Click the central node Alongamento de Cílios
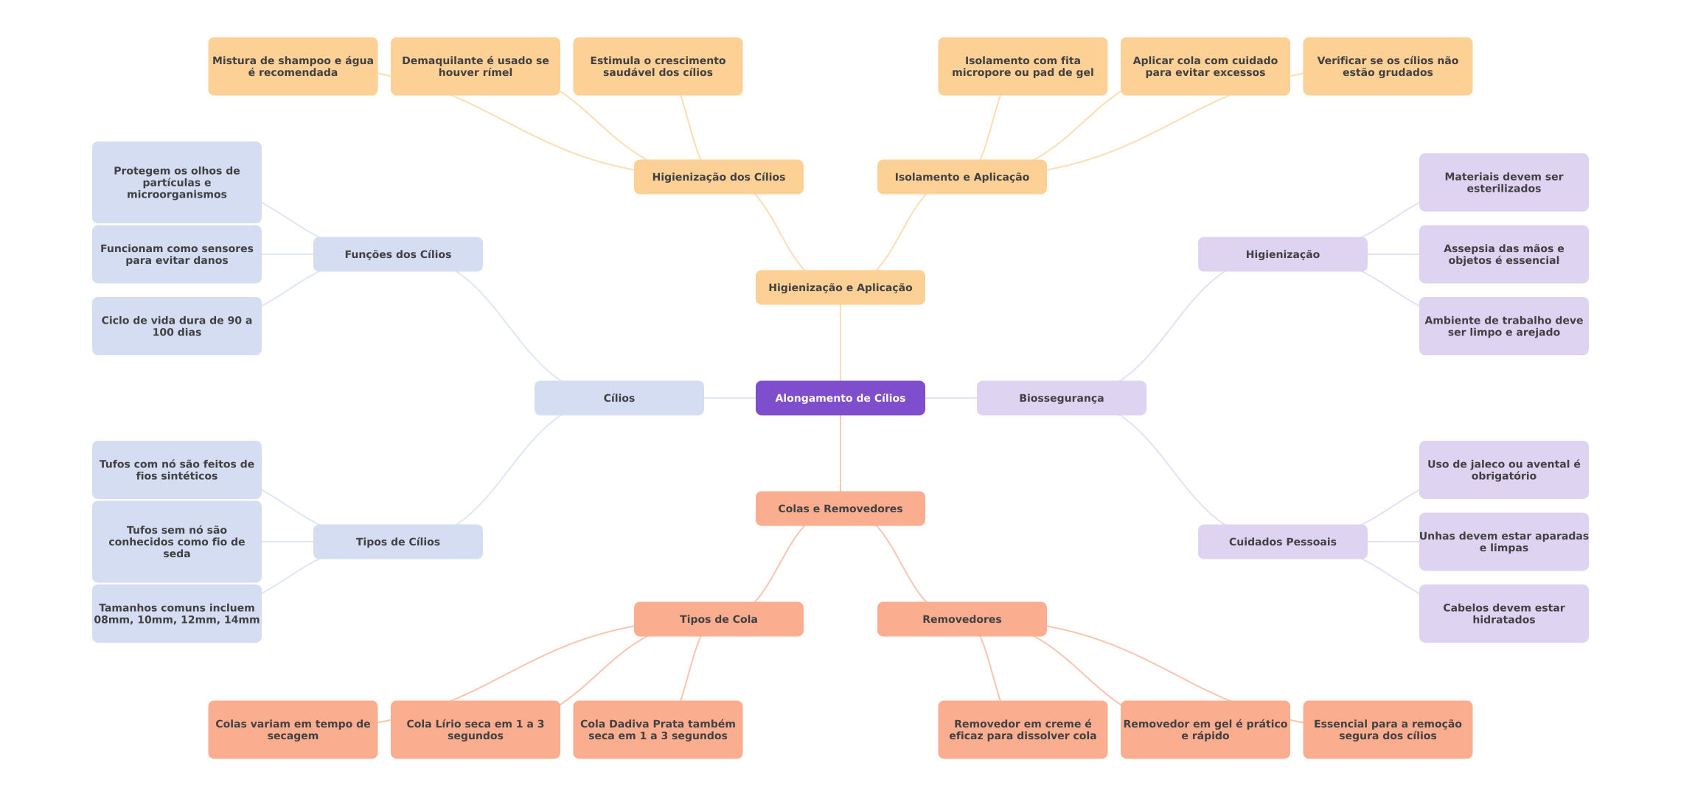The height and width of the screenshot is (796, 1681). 840,398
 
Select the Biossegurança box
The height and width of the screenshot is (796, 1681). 1062,398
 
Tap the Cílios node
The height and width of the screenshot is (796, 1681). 619,398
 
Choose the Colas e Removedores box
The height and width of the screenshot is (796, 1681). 840,509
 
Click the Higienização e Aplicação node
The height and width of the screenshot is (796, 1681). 840,287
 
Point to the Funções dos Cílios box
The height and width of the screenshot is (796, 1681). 398,254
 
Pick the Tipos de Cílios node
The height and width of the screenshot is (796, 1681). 398,542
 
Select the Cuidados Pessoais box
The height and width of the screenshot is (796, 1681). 1283,542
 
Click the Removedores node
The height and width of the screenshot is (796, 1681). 962,619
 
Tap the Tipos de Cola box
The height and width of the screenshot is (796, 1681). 719,619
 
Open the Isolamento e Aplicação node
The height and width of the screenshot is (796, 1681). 962,177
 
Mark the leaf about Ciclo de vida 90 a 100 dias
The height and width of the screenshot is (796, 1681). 177,326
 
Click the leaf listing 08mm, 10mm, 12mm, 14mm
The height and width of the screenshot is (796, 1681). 177,613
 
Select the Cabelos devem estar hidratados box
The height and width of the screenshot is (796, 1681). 1504,613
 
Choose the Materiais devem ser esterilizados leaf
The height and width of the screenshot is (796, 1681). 1504,182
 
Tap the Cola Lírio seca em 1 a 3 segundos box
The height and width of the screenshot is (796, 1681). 476,730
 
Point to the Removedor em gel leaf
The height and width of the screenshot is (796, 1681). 1205,730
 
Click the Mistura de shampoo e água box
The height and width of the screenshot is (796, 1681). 293,66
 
